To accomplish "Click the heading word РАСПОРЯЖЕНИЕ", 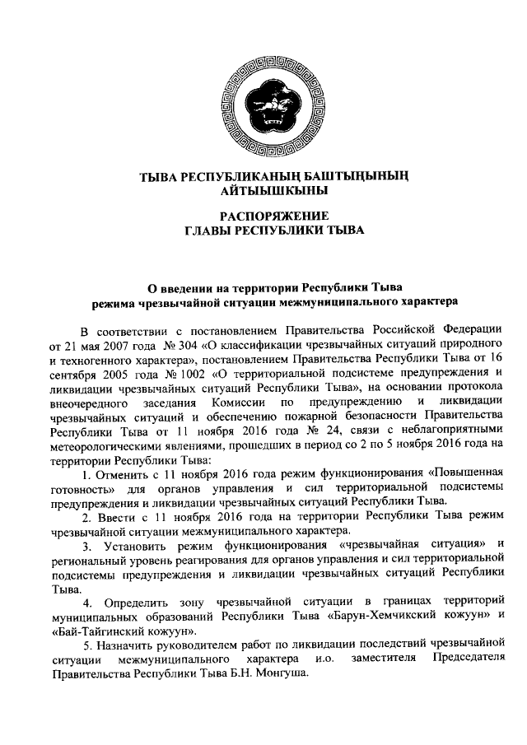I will click(x=263, y=216).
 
